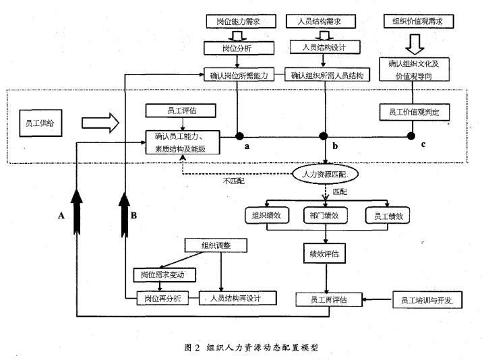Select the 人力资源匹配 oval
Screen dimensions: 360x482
(x=326, y=173)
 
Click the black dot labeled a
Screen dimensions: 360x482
(x=239, y=135)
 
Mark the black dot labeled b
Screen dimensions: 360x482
(x=325, y=135)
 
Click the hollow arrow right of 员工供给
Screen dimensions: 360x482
(x=98, y=123)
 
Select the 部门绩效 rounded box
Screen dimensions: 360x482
(x=326, y=216)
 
